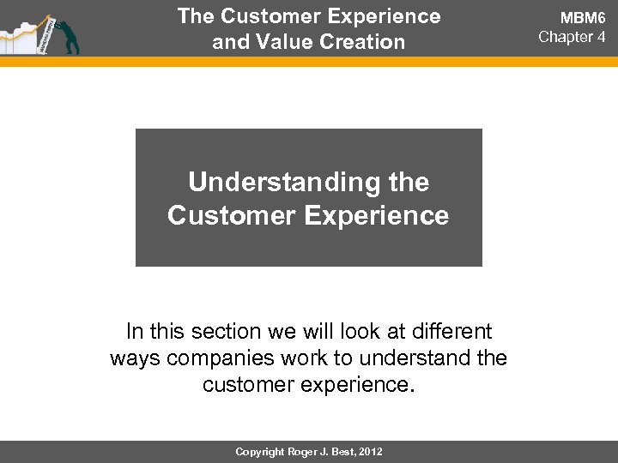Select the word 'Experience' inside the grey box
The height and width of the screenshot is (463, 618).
point(385,215)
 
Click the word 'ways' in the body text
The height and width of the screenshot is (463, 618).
point(136,357)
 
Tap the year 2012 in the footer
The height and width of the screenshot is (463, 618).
point(372,450)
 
